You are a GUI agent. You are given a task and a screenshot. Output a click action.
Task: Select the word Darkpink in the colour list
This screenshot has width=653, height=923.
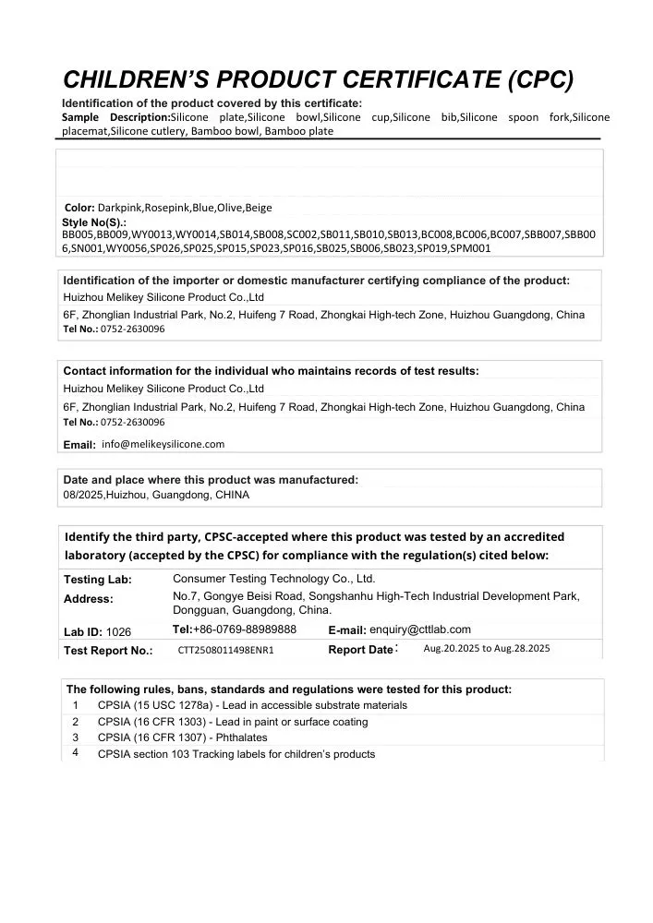tap(120, 208)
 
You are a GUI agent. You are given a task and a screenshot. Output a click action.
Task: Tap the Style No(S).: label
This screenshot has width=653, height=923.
tap(94, 223)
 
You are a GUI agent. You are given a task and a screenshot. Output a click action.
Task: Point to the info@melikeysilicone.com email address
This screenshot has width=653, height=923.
tap(163, 444)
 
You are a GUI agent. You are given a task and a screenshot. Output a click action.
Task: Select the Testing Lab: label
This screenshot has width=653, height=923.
tap(97, 580)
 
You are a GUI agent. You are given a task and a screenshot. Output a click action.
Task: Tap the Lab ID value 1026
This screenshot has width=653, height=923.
tap(119, 632)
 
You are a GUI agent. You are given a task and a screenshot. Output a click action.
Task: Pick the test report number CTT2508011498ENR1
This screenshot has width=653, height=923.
tap(226, 650)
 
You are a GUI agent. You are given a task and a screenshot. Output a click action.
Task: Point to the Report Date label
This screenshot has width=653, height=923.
tap(361, 650)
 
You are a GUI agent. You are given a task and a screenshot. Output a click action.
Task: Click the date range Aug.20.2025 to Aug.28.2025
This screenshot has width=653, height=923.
tap(487, 649)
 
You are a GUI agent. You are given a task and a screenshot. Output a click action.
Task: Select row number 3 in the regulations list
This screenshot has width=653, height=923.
tap(76, 737)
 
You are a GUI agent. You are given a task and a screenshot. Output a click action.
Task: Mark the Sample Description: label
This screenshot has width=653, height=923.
tap(115, 117)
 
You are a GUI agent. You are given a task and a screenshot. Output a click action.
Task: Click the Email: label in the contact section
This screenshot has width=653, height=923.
tap(79, 445)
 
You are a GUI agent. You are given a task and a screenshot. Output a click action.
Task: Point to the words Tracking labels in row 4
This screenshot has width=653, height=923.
tap(224, 754)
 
